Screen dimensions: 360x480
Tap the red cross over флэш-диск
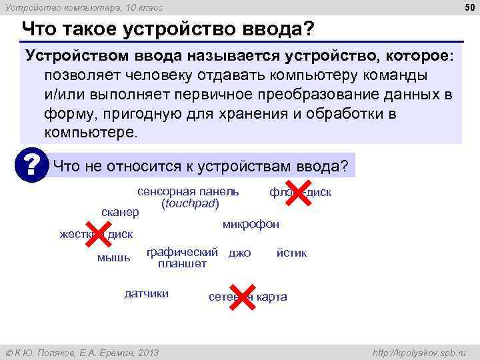coord(299,193)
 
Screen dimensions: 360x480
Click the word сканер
coord(120,212)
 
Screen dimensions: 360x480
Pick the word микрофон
coord(251,224)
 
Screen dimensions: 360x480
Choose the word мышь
coord(114,257)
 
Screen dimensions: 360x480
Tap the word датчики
coord(147,293)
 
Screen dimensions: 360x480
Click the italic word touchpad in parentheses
coord(190,203)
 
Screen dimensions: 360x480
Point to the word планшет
coord(182,264)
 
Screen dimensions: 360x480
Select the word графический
coord(182,252)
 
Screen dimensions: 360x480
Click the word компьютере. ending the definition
coord(91,131)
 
